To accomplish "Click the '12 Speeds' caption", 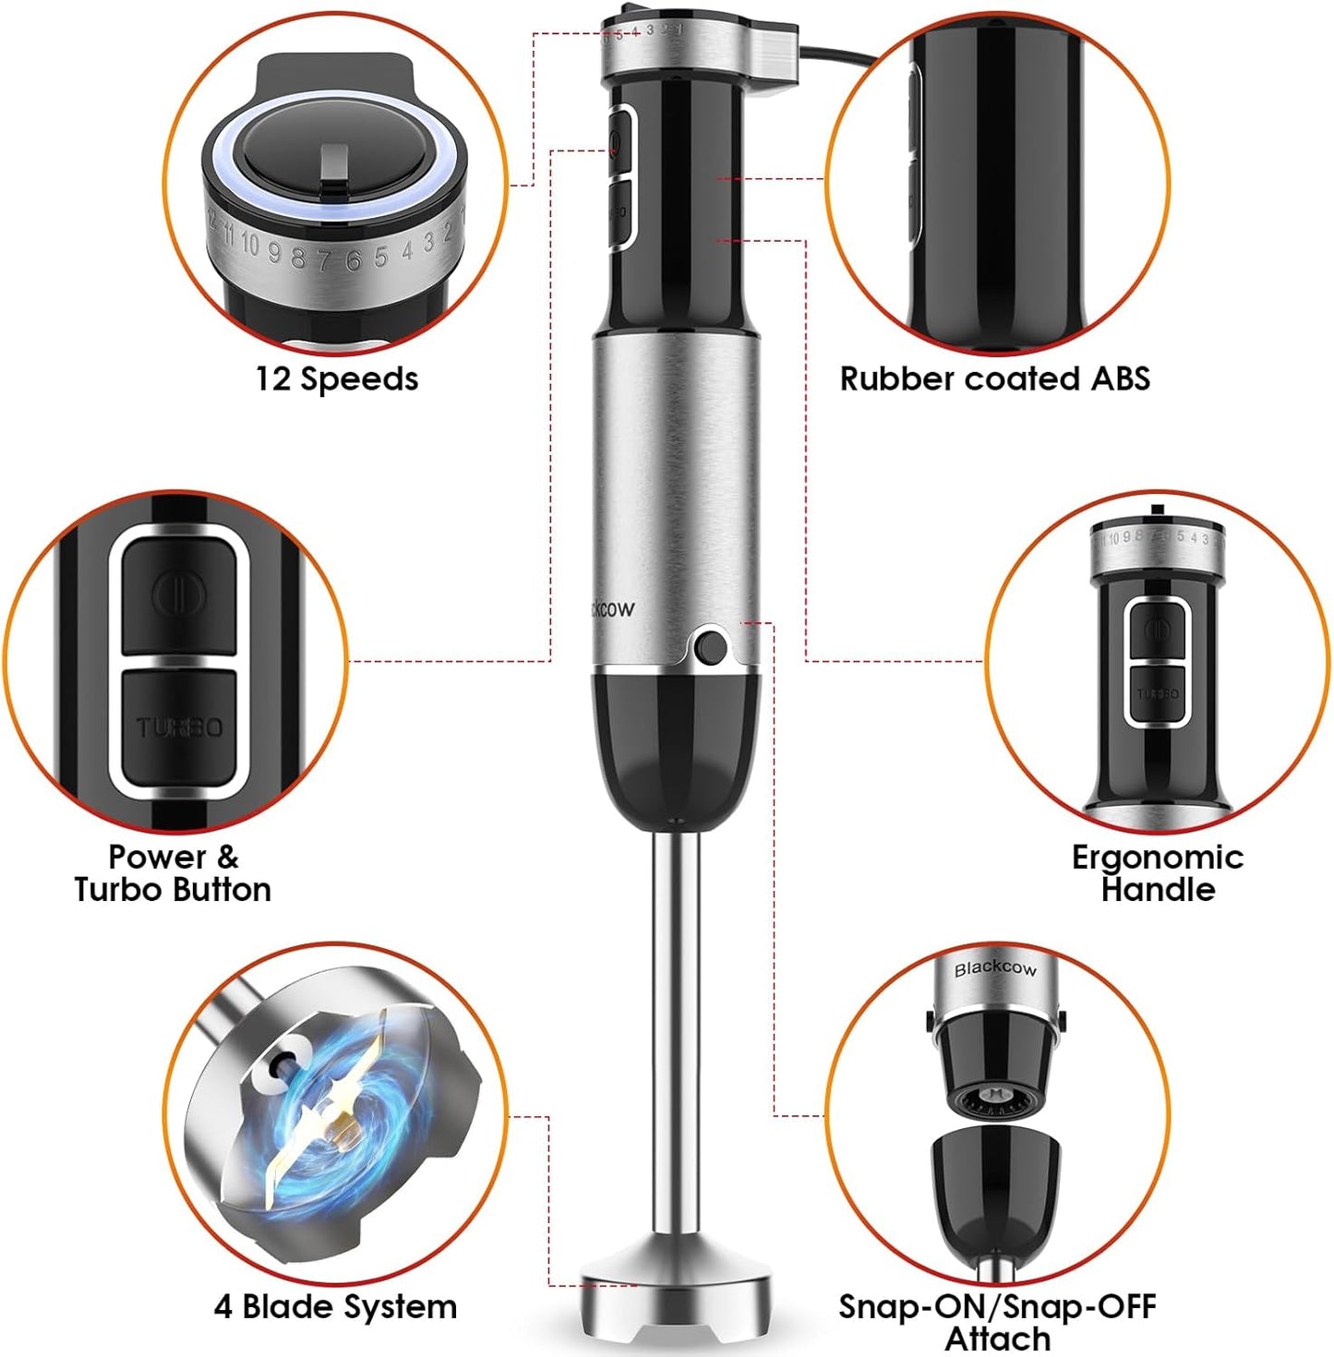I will point(337,378).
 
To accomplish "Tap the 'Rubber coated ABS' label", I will point(994,378).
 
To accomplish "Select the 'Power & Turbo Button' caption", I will point(173,872).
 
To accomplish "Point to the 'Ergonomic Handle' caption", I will point(1157,872).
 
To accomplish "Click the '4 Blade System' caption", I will point(335,1306).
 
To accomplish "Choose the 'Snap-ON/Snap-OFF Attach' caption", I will point(997,1321).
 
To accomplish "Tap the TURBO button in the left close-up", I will point(179,727).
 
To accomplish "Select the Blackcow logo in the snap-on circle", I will point(995,968).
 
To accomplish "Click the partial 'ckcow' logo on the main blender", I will point(610,608).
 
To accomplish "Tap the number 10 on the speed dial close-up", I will point(249,244).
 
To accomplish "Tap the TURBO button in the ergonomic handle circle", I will point(1157,692).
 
